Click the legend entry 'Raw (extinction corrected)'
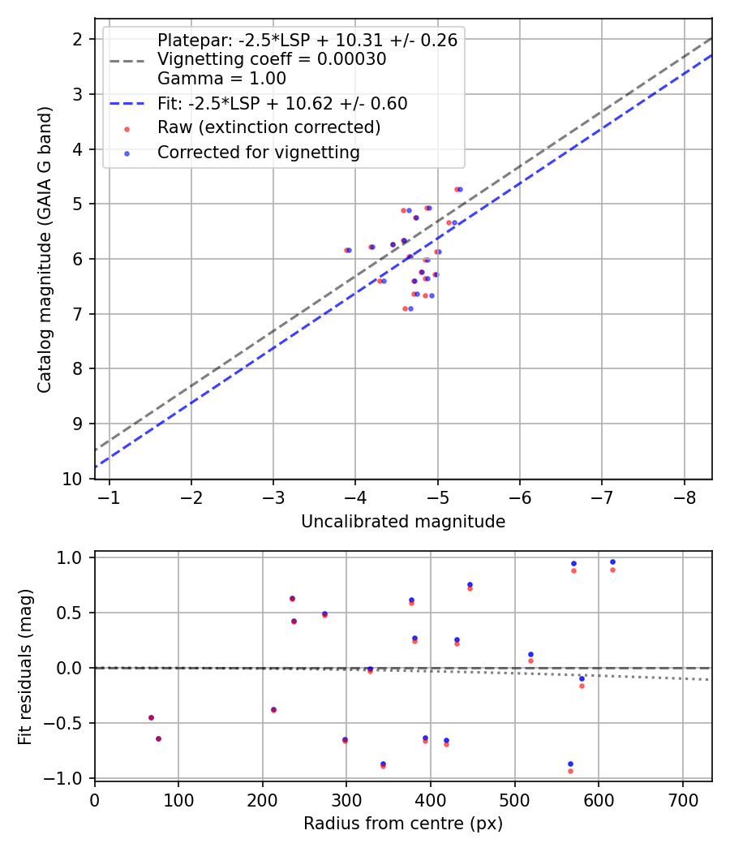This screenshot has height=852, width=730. (x=268, y=127)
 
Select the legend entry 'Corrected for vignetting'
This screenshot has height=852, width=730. (x=258, y=152)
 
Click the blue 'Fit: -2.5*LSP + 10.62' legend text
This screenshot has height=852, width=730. (x=282, y=104)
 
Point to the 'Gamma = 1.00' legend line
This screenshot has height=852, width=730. (x=221, y=79)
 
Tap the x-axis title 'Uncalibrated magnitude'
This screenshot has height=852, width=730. (x=403, y=522)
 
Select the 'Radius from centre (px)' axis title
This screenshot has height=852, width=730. (x=403, y=824)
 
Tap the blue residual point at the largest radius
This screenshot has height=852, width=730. (x=612, y=562)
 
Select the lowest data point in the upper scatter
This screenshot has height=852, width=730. (x=406, y=308)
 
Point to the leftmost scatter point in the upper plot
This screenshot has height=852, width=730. (x=346, y=250)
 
